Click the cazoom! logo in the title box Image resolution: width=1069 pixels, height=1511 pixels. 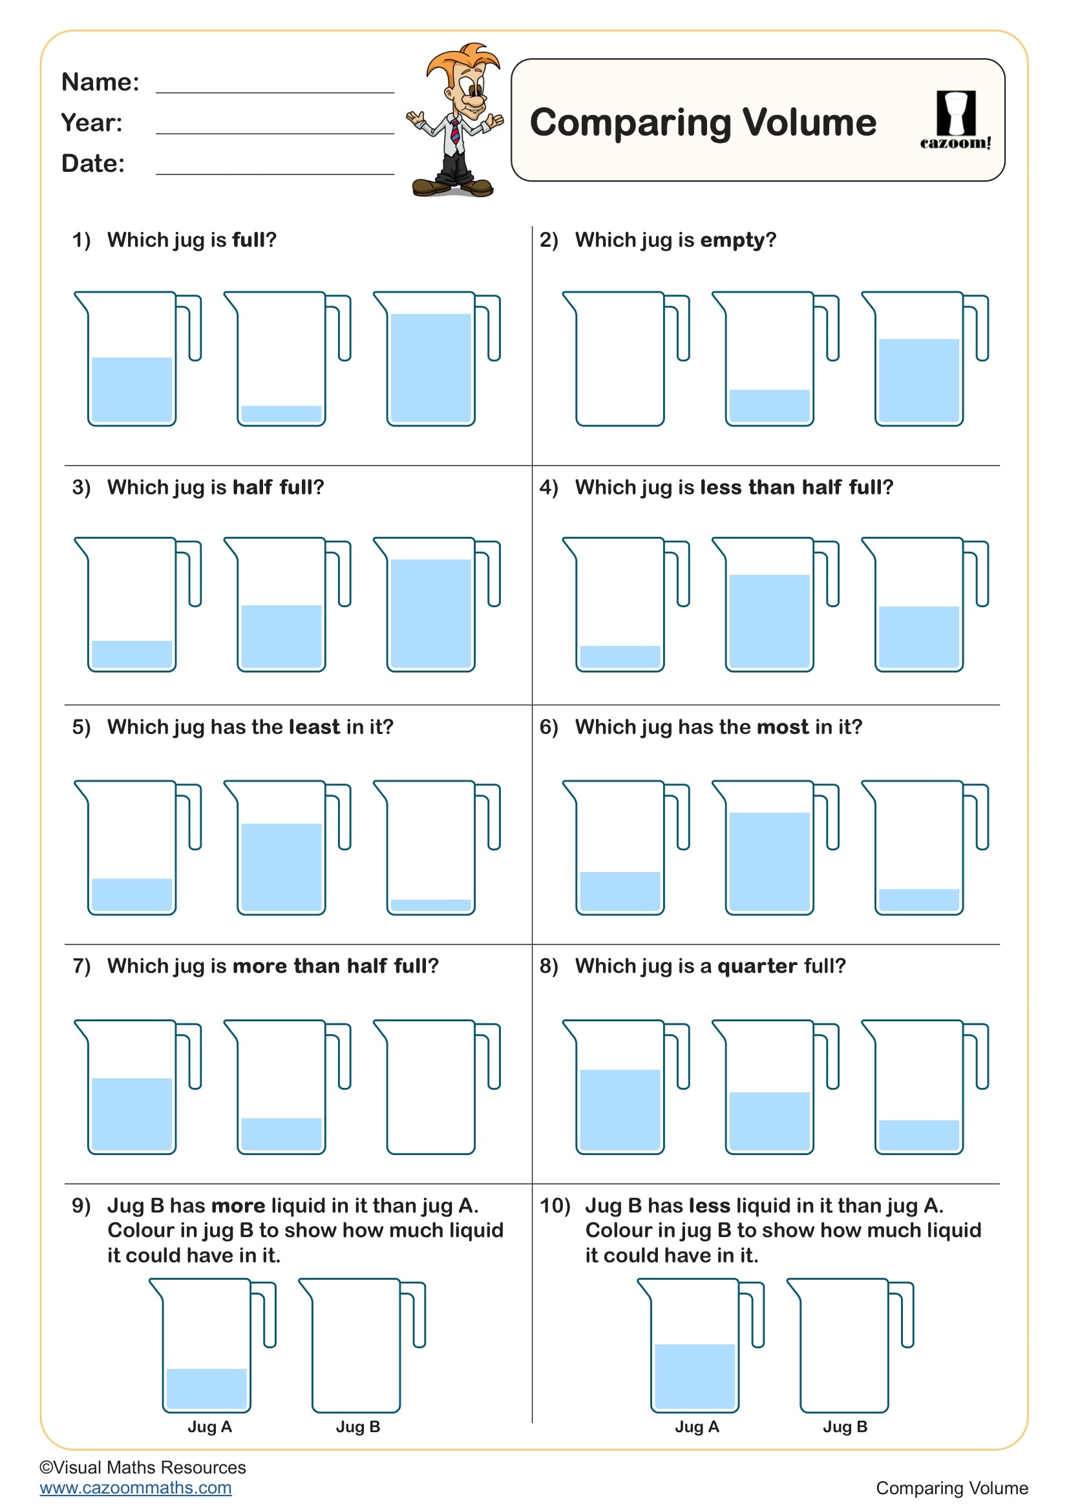(x=955, y=120)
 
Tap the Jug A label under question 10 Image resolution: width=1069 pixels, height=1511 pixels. (x=697, y=1427)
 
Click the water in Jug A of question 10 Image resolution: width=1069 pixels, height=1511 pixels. (x=694, y=1375)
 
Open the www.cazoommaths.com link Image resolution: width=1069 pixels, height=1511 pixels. (x=136, y=1488)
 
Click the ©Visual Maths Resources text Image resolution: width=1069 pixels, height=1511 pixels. (x=143, y=1467)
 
